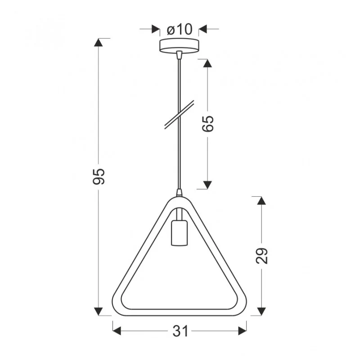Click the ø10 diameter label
(x=179, y=30)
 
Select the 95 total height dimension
(x=99, y=176)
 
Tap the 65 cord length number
(x=208, y=124)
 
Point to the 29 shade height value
(x=262, y=256)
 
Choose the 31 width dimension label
(x=180, y=331)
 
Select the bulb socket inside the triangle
(x=179, y=233)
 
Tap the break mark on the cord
(x=179, y=114)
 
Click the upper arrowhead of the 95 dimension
(x=99, y=42)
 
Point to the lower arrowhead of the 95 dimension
(x=99, y=311)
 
